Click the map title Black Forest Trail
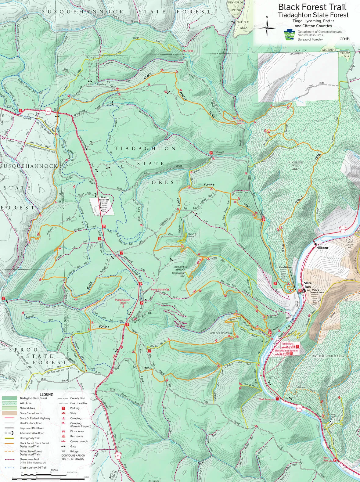(x=312, y=7)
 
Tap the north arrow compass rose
(x=267, y=27)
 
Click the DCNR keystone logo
(x=290, y=35)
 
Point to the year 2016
(x=345, y=39)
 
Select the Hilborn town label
(x=322, y=248)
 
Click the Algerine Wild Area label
(x=296, y=165)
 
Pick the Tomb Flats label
(x=287, y=344)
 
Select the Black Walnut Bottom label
(x=286, y=351)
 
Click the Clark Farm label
(x=265, y=399)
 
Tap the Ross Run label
(x=326, y=459)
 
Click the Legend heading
(x=46, y=394)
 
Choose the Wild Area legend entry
(x=25, y=403)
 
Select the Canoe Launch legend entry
(x=79, y=441)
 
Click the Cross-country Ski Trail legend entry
(x=33, y=467)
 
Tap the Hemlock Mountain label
(x=221, y=333)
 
